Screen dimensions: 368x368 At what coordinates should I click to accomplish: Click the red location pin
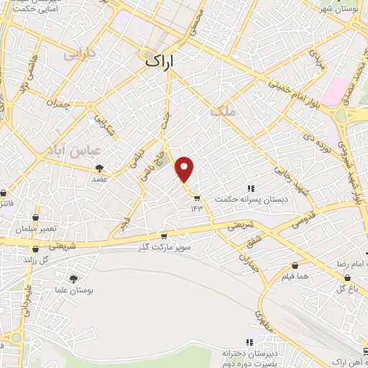coord(185,168)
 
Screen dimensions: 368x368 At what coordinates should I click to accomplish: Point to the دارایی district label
coord(79,54)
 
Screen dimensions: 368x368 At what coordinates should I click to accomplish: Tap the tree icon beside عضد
coord(98,167)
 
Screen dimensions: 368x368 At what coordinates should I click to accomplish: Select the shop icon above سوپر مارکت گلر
coord(164,235)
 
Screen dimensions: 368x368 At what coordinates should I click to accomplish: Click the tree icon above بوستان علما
coord(73,277)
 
